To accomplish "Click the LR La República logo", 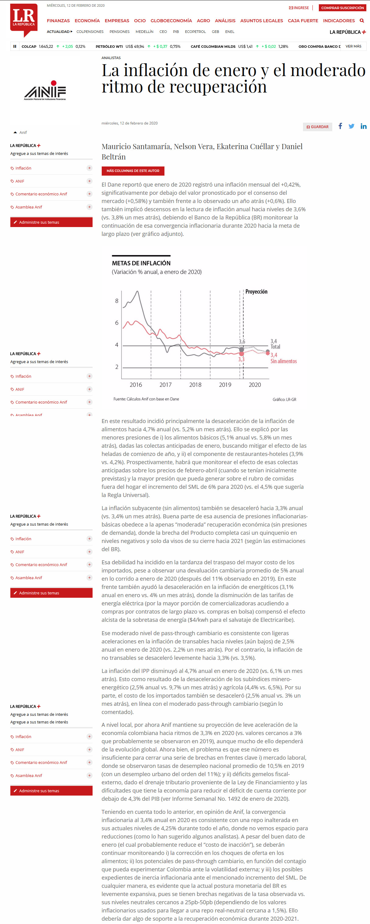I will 24,19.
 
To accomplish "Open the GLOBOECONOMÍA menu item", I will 171,21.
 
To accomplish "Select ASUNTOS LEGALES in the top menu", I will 261,21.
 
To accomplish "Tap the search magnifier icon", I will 362,21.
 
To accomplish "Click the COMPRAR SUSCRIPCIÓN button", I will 342,8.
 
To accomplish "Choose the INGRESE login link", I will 299,8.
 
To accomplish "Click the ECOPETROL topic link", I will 195,32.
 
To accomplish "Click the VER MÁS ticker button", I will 353,46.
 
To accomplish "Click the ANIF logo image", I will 45,91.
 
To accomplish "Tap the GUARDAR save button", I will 318,127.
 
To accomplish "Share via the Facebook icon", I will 340,126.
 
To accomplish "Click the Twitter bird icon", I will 351,126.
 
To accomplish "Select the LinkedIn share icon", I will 363,126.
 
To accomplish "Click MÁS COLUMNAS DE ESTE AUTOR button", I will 133,171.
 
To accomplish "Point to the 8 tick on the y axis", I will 117,301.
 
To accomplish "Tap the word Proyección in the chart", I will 256,292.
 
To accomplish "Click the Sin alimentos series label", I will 284,361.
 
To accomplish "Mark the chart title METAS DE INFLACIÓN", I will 141,263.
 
